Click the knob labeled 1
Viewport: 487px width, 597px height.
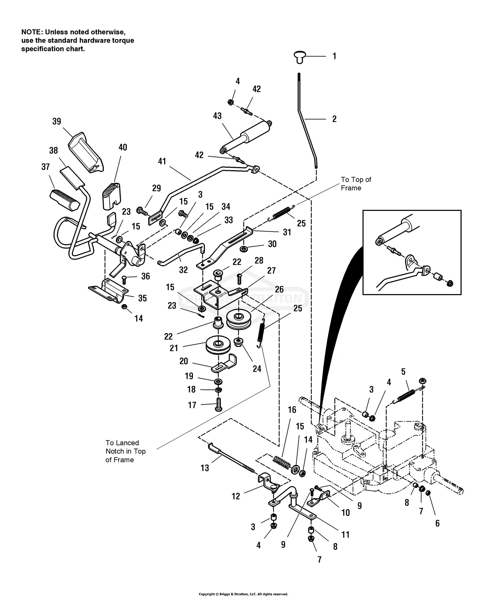coord(300,57)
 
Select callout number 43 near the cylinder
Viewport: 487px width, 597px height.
coord(217,116)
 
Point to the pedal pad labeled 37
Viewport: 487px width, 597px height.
coord(64,198)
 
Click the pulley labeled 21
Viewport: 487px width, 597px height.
coord(218,346)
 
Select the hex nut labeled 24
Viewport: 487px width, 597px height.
coord(238,341)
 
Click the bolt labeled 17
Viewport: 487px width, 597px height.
coord(218,405)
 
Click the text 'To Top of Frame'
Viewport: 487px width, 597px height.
coord(356,184)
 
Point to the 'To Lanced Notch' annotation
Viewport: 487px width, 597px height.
coord(125,451)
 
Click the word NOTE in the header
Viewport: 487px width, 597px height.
coord(32,32)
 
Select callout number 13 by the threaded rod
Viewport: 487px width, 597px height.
coord(205,468)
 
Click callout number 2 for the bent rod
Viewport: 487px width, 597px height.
coord(334,119)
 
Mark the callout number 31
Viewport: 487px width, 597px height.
coord(287,232)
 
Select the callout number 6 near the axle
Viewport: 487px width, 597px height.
coord(437,523)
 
